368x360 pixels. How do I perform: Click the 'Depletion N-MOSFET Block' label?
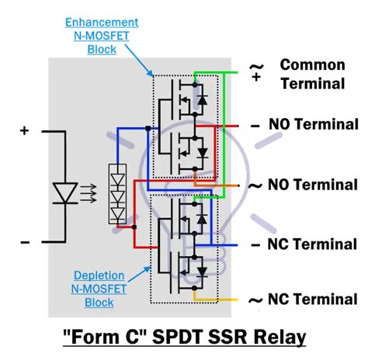tap(108, 287)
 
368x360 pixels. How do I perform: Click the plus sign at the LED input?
tap(25, 131)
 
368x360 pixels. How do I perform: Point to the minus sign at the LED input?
tap(25, 243)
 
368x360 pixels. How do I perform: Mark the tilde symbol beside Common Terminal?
tap(256, 71)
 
